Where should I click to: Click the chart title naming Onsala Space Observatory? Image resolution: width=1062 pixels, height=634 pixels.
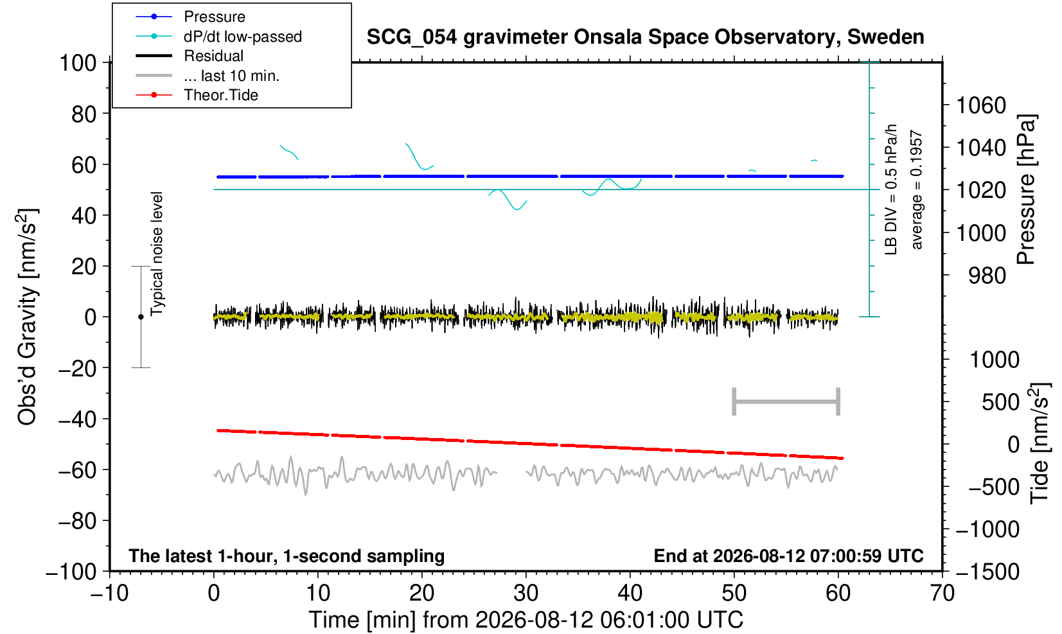[645, 37]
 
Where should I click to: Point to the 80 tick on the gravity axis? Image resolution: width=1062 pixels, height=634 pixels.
[84, 114]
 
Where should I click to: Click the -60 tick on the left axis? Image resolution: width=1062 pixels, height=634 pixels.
[77, 470]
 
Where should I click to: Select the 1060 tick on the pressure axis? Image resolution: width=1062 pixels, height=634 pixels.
[981, 105]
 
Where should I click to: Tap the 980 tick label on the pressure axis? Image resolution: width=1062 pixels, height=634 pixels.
[987, 276]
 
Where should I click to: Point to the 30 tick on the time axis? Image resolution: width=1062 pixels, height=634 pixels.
[526, 594]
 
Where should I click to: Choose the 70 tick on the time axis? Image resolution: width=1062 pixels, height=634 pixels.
[942, 594]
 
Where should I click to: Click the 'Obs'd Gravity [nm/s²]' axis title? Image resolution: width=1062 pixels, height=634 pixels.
[27, 317]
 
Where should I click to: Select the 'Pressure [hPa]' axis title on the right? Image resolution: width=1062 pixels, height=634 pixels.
[1026, 189]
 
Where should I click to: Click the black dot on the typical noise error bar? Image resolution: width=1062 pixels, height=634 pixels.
[141, 317]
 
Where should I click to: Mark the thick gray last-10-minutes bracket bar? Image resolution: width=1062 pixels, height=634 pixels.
[786, 401]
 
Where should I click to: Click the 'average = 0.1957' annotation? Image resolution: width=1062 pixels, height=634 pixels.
[917, 189]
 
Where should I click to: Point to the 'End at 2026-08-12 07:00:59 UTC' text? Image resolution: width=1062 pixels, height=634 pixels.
[788, 556]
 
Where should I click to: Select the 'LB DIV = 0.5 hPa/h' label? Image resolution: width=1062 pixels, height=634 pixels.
[891, 189]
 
